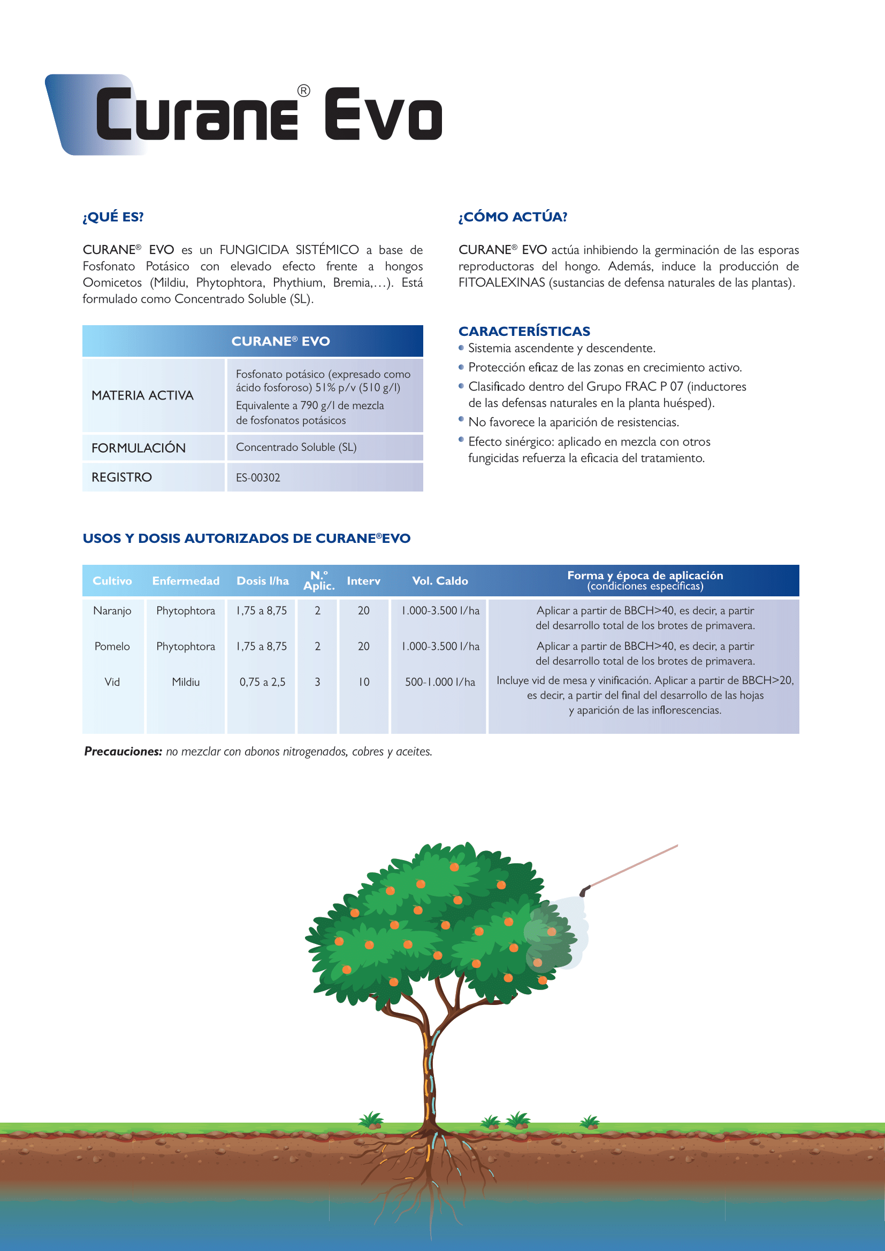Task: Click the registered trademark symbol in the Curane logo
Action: tap(303, 91)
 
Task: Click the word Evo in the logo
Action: tap(383, 114)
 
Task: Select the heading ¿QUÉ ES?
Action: tap(113, 217)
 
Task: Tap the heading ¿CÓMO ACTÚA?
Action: tap(512, 217)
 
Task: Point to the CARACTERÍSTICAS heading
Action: tap(524, 331)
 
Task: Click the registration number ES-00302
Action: tap(258, 478)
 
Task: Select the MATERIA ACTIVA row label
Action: tap(142, 396)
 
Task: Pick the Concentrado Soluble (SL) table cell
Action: tap(296, 447)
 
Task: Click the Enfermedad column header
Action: tap(185, 581)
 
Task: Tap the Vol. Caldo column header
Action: tap(440, 581)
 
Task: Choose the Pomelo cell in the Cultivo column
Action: tap(112, 646)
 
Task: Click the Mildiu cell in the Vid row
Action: tap(185, 682)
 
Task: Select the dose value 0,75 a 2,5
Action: tap(262, 682)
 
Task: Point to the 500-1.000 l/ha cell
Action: tap(440, 682)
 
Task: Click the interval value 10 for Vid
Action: tap(363, 682)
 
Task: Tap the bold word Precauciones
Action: tap(123, 751)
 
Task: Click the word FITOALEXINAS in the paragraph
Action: tap(501, 283)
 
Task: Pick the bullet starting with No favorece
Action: tap(573, 423)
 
